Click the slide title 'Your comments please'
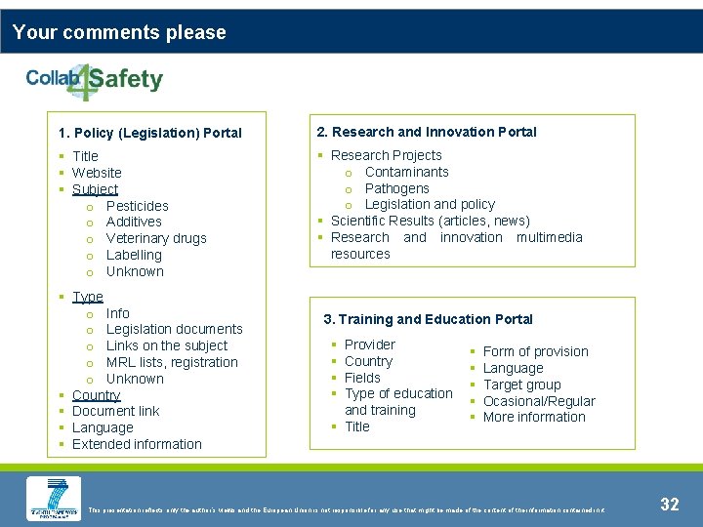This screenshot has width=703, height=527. [x=119, y=32]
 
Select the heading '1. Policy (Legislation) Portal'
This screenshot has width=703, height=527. [x=149, y=133]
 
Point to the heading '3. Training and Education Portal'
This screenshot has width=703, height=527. [x=428, y=319]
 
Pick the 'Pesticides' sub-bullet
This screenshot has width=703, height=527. [x=137, y=206]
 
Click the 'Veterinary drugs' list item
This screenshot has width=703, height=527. [x=156, y=238]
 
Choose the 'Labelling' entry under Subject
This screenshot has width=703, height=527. [x=134, y=255]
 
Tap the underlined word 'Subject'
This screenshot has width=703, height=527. [x=95, y=189]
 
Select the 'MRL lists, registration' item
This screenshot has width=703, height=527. [x=172, y=362]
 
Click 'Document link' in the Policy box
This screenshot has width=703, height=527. [x=115, y=411]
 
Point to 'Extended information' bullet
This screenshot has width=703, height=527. [x=137, y=444]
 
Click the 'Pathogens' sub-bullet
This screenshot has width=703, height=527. [x=396, y=188]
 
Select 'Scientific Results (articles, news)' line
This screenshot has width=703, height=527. [x=430, y=221]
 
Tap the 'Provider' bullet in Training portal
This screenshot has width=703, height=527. [x=370, y=345]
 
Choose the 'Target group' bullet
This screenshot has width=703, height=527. [x=521, y=385]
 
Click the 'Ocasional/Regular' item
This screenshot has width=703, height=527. [x=539, y=401]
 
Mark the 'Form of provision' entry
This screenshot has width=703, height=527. [x=535, y=351]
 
